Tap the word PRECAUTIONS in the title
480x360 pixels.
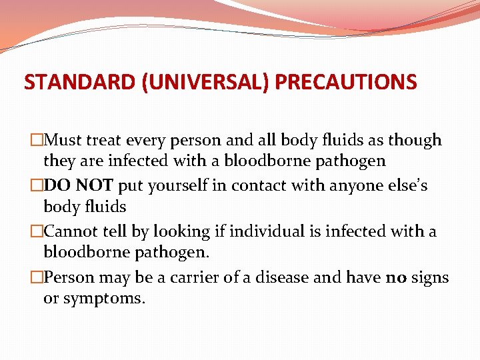tap(346, 82)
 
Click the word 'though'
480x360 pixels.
tap(415, 141)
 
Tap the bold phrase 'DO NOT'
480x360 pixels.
tap(74, 186)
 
